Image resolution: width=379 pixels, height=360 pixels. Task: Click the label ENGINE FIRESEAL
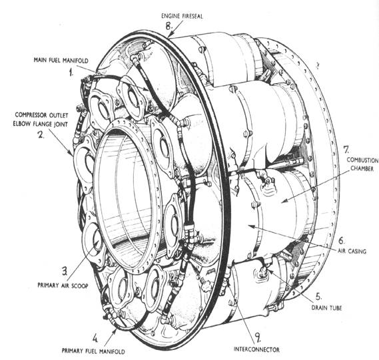click(x=183, y=16)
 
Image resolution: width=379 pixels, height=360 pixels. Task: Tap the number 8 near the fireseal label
click(x=169, y=25)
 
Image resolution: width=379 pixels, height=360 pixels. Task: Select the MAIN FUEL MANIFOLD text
click(x=61, y=60)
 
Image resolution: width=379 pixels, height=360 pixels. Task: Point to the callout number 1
click(x=71, y=72)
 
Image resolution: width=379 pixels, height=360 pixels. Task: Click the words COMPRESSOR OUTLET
click(x=41, y=115)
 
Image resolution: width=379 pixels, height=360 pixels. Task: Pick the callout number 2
click(x=41, y=134)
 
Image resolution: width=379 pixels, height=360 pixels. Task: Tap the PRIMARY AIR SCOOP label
click(x=63, y=285)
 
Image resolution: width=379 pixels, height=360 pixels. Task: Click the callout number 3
click(x=65, y=271)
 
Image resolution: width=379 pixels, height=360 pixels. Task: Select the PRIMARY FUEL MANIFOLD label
click(x=93, y=351)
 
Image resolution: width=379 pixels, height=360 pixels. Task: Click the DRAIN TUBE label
click(x=326, y=307)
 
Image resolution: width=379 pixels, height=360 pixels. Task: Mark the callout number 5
click(x=319, y=296)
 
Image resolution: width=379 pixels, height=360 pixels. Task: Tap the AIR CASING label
click(x=352, y=251)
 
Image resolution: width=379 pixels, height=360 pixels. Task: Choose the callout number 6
click(x=341, y=240)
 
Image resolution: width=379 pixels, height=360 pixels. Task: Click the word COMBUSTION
click(x=362, y=160)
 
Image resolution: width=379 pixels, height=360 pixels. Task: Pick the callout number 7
click(x=346, y=150)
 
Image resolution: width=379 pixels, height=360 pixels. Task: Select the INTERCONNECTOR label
click(x=256, y=349)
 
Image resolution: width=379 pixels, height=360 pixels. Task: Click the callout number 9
click(x=258, y=337)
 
